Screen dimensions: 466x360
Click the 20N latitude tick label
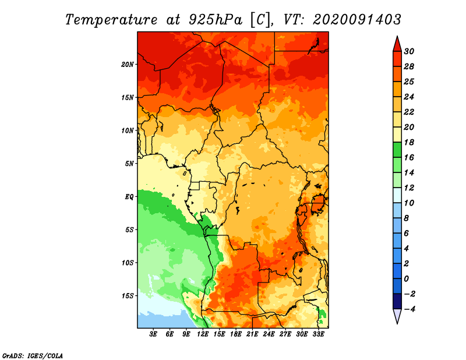(x=128, y=65)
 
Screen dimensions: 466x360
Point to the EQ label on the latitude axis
(x=129, y=197)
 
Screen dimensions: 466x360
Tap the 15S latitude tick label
(x=128, y=296)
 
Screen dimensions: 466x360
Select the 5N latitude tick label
(x=129, y=164)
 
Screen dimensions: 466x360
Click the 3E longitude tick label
(x=153, y=334)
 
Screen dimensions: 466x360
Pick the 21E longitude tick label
(x=252, y=334)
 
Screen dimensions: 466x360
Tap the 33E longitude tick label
(x=318, y=334)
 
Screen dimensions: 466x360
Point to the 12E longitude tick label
(x=203, y=334)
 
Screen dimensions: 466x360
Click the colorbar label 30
(x=409, y=51)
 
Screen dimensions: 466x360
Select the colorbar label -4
(x=409, y=309)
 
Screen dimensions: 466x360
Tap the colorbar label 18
(x=409, y=142)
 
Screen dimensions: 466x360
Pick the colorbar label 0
(x=406, y=279)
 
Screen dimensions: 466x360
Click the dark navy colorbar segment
(x=397, y=301)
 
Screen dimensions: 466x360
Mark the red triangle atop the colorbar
(x=397, y=45)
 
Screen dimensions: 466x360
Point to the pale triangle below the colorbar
(x=397, y=316)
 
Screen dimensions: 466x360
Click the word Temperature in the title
(x=111, y=20)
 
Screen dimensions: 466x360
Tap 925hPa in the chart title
(x=216, y=20)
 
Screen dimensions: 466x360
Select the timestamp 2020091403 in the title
(x=357, y=20)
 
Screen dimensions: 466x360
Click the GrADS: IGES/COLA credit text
(x=33, y=356)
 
